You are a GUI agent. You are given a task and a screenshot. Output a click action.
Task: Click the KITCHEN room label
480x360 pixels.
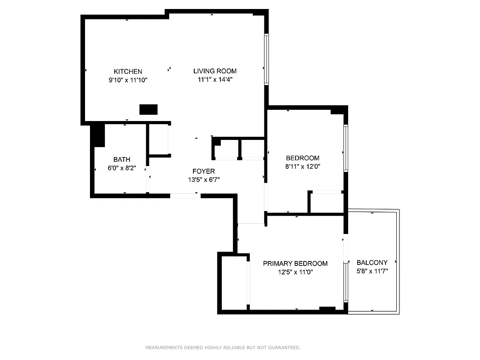[x=128, y=72]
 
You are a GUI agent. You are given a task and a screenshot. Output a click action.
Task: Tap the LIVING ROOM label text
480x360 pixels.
[x=215, y=71]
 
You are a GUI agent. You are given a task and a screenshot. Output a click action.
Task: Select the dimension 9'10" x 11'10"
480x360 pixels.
[x=128, y=80]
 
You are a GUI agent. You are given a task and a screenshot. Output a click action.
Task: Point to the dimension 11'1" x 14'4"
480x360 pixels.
[x=215, y=80]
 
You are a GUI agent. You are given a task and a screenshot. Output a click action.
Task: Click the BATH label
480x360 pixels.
[x=121, y=159]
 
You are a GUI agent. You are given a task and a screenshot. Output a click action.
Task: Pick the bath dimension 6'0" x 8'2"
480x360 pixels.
[x=121, y=168]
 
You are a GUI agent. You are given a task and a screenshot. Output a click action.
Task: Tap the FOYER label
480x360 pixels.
[x=203, y=171]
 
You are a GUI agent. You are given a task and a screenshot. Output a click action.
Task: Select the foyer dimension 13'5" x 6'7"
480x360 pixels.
[x=203, y=180]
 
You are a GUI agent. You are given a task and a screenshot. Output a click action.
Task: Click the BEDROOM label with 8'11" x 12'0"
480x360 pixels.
[x=302, y=158]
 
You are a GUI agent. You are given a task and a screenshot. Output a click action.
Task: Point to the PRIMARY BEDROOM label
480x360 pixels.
[x=295, y=264]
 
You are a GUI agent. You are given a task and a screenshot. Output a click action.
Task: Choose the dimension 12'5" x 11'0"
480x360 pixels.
[x=295, y=272]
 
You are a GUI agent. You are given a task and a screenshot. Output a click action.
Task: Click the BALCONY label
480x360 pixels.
[x=372, y=263]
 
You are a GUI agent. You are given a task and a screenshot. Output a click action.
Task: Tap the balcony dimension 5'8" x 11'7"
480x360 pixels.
[x=372, y=271]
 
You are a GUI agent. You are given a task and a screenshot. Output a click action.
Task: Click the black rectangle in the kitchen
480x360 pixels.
[x=148, y=109]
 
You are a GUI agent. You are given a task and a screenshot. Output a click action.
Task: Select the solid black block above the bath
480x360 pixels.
[x=97, y=135]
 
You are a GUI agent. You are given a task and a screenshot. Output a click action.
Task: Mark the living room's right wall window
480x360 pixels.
[x=266, y=59]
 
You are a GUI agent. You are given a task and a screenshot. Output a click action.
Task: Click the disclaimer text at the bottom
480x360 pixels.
[x=223, y=347]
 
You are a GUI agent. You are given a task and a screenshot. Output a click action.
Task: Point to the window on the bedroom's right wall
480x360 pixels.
[x=345, y=148]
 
